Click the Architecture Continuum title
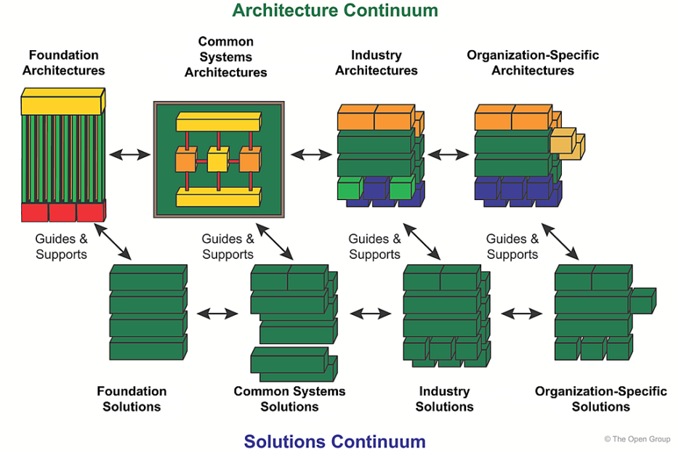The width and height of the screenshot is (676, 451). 335,11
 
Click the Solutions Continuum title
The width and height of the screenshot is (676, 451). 334,441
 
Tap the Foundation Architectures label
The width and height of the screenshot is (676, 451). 63,63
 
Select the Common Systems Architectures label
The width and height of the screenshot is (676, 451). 225,57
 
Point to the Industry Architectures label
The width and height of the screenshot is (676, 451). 376,63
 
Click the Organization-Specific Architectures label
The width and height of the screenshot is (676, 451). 532,63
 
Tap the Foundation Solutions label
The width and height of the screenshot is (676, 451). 132,399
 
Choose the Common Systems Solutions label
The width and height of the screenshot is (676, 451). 289,399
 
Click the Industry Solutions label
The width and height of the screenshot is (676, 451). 444,399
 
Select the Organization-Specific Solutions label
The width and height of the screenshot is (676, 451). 600,399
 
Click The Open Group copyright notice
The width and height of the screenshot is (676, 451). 637,439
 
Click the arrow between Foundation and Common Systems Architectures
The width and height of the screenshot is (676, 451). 129,154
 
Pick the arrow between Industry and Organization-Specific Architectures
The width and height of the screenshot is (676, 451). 448,154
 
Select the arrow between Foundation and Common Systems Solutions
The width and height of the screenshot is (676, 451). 218,314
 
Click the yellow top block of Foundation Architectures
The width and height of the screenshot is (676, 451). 63,103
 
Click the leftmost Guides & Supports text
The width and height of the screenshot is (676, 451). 61,246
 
